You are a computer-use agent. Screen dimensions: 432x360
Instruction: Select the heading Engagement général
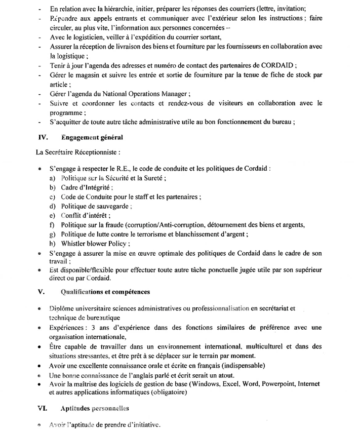tap(92, 137)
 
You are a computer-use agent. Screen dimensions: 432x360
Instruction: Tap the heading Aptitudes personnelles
tap(95, 408)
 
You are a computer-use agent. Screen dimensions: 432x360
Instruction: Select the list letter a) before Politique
tap(53, 179)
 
